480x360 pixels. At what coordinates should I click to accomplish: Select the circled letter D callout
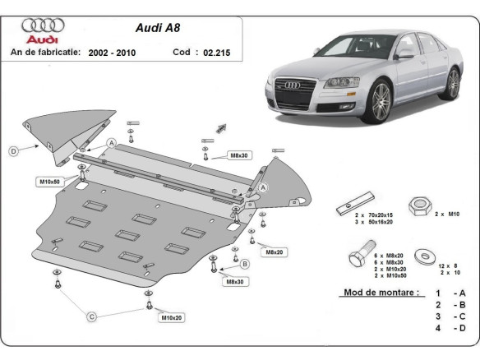(x=14, y=150)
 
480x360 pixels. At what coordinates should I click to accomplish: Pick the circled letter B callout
(x=245, y=263)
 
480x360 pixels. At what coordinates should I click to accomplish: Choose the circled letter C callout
(x=92, y=316)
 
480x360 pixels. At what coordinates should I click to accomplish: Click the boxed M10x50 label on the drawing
(x=50, y=180)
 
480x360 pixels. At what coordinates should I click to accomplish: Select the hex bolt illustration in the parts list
(x=362, y=256)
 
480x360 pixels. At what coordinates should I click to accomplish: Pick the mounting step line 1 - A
(x=450, y=293)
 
